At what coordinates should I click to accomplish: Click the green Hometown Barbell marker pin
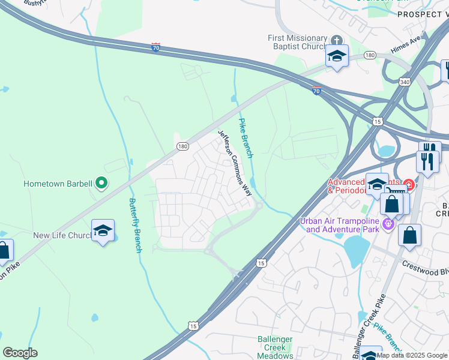[101, 182]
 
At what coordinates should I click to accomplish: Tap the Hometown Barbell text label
[58, 184]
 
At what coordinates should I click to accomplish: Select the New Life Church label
[61, 236]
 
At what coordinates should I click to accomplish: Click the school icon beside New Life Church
[103, 231]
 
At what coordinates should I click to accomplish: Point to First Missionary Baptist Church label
[298, 43]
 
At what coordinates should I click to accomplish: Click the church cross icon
[337, 41]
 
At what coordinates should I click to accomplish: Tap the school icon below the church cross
[337, 56]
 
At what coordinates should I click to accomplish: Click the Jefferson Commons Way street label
[235, 164]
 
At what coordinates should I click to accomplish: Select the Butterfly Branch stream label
[134, 225]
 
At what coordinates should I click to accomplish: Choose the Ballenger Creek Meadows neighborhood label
[275, 347]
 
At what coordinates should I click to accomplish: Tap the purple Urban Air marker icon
[388, 225]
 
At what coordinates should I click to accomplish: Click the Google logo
[20, 352]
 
